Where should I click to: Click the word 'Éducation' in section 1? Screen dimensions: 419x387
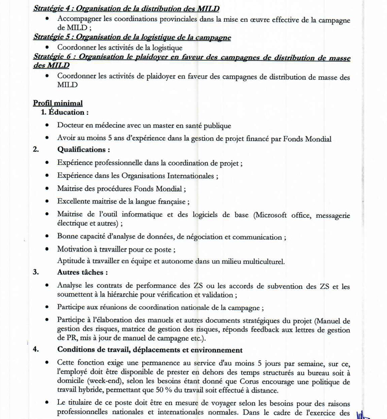pyautogui.click(x=68, y=113)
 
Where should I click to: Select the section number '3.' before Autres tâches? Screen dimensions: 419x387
pyautogui.click(x=36, y=272)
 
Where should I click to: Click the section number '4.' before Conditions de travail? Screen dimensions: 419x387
pyautogui.click(x=36, y=349)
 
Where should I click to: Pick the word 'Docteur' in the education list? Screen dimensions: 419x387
pyautogui.click(x=72, y=126)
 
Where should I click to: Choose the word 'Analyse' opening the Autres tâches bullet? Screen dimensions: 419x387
pyautogui.click(x=73, y=286)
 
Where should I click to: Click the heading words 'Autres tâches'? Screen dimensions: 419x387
pyautogui.click(x=82, y=272)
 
